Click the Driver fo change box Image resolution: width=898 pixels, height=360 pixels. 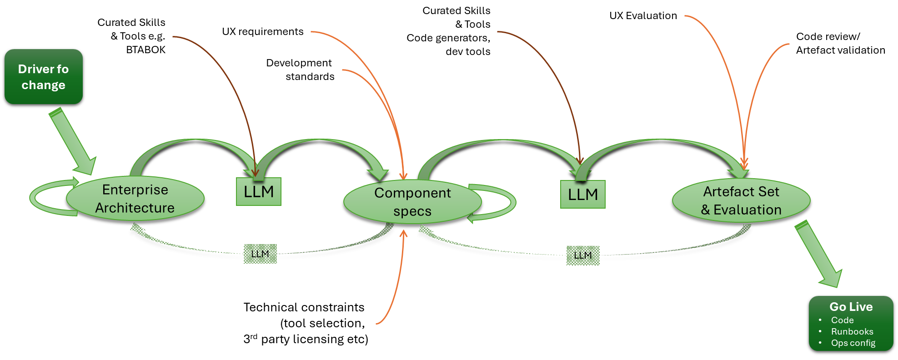43,76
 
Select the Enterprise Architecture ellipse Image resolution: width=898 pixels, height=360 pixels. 135,198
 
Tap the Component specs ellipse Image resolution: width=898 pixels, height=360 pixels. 412,202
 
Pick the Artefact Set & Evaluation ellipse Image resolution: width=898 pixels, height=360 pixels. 741,200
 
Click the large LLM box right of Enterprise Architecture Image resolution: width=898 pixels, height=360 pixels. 259,192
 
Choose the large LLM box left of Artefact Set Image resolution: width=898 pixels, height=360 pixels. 582,195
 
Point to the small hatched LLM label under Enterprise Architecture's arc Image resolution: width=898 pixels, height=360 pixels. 260,254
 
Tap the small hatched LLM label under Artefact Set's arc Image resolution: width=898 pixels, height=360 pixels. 583,255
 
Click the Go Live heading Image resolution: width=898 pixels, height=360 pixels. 851,307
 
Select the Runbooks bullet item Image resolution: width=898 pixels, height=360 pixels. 852,331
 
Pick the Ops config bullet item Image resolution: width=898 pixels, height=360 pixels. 853,343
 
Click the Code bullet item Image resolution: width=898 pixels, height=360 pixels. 842,320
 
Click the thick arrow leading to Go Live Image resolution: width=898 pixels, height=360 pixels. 819,254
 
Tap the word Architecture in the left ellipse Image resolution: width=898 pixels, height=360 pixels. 135,208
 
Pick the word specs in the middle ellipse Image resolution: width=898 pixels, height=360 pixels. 412,211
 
